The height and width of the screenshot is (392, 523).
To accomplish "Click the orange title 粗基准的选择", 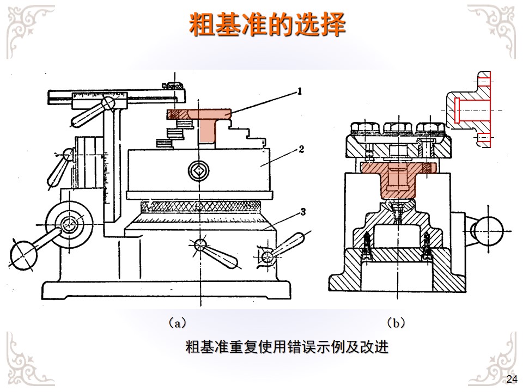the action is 267,24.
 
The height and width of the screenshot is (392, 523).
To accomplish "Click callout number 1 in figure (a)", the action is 300,91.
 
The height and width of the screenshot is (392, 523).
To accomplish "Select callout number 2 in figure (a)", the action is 301,149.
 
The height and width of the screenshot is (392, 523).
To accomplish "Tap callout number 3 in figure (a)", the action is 303,212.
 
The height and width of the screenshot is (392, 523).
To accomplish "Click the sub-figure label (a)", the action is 177,323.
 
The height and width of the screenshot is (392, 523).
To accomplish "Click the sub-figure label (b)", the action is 396,323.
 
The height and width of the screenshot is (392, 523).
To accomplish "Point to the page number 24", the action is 512,379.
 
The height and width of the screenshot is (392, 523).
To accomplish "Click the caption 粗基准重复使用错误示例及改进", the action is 287,347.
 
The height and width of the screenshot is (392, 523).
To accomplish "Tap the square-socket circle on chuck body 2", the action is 198,170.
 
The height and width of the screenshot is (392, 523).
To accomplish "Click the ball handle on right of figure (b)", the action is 488,230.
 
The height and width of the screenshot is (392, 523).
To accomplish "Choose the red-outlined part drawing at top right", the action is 469,109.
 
